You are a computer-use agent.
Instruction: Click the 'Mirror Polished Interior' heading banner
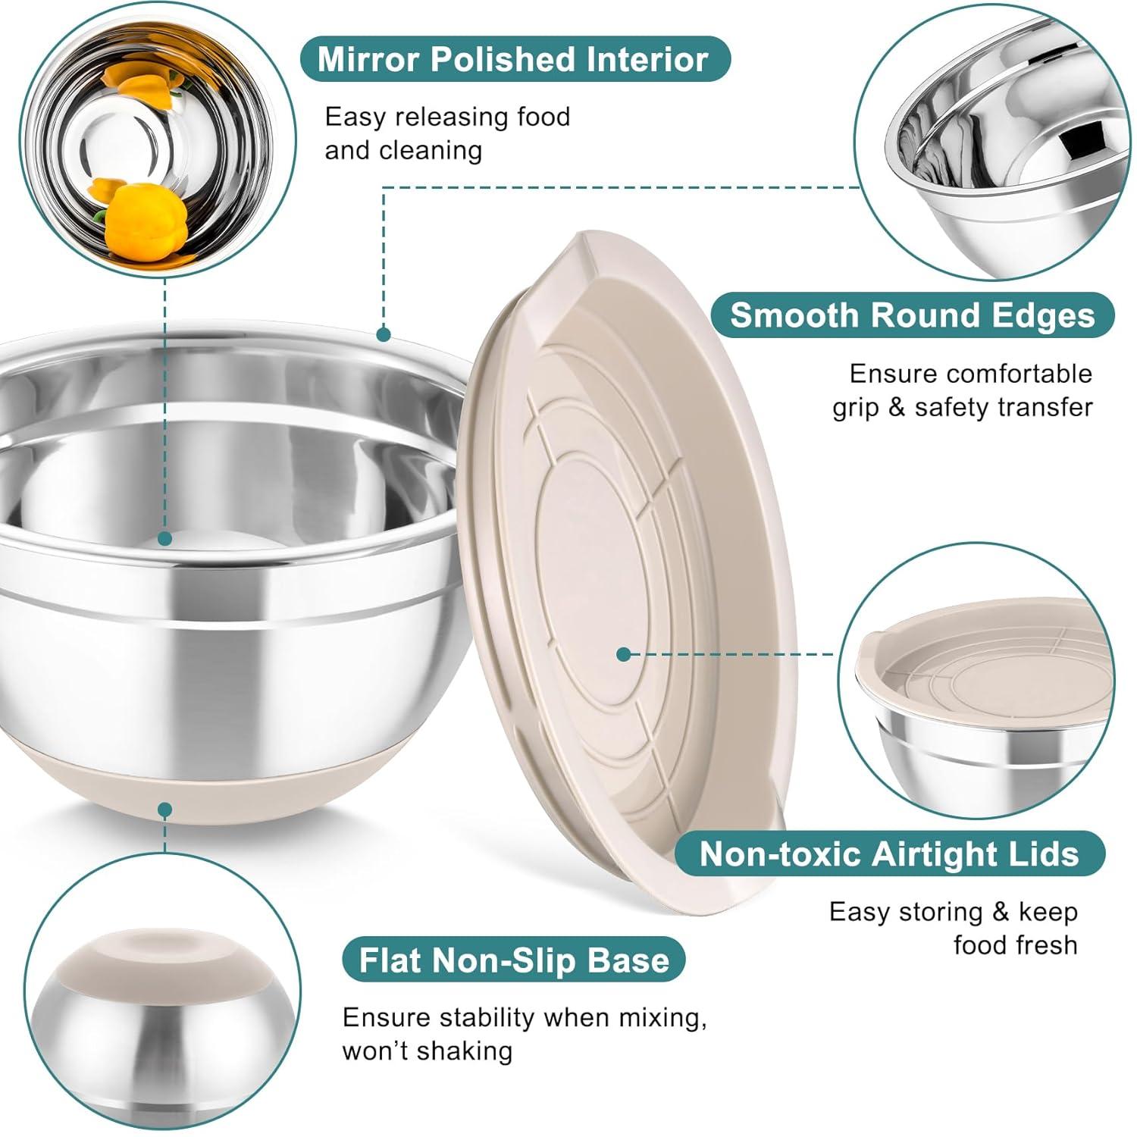(513, 60)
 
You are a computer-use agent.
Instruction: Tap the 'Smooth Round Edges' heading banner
(912, 315)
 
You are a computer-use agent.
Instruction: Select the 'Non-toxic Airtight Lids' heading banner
(888, 854)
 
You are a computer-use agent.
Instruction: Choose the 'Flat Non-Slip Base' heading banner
(513, 960)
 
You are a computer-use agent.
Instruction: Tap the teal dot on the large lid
(623, 653)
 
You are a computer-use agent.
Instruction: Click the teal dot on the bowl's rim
(384, 334)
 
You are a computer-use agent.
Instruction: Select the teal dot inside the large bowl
(164, 539)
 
